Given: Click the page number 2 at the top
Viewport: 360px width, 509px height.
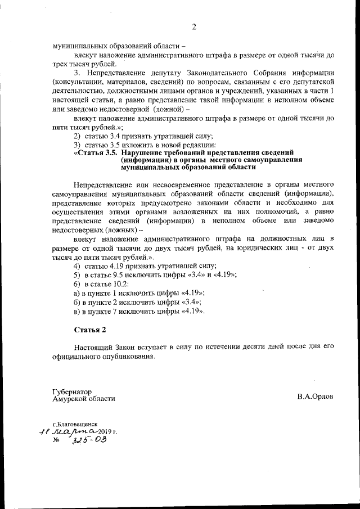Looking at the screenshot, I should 193,26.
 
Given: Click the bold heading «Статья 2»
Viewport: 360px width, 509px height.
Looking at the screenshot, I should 89,328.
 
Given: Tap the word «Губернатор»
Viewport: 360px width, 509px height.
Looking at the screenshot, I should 71,391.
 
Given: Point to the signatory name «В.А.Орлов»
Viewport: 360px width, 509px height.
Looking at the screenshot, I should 316,396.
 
